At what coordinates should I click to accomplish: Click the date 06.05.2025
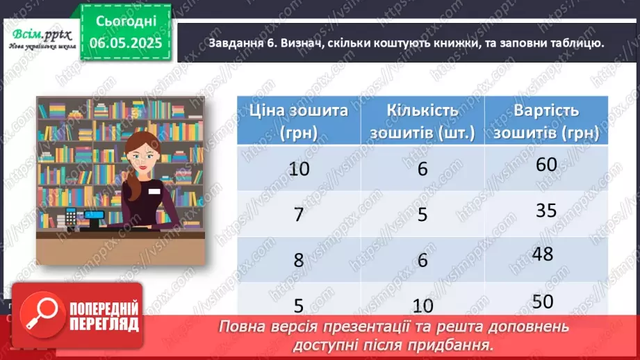coord(126,43)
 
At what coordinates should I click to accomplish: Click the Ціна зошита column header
coord(293,120)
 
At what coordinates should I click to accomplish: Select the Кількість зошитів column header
coord(422,120)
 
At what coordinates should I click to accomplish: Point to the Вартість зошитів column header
coord(546,120)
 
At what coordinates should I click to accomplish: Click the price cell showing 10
coord(299,169)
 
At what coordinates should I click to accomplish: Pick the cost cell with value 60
coord(546,165)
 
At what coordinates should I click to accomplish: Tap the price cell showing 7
coord(299,213)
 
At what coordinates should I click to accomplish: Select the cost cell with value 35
coord(546,209)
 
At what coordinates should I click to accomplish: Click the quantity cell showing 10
coord(422,305)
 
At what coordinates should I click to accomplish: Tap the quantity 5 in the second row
coord(422,213)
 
